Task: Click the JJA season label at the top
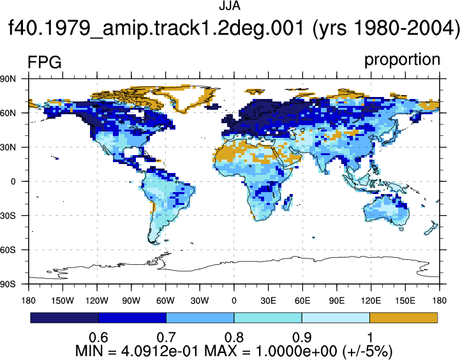[230, 6]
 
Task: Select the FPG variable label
[44, 63]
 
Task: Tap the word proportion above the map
[402, 60]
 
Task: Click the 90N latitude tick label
[8, 79]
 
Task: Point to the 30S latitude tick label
[8, 216]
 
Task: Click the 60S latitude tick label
[8, 250]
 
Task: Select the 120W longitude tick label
[97, 301]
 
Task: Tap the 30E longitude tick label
[268, 301]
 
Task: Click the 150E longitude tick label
[405, 301]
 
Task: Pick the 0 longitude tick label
[234, 301]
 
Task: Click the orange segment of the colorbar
[404, 318]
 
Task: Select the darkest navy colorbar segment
[64, 318]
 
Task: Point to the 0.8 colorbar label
[234, 338]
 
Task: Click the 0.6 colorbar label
[98, 338]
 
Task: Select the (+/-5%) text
[367, 351]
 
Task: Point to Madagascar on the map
[288, 202]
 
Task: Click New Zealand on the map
[431, 228]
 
